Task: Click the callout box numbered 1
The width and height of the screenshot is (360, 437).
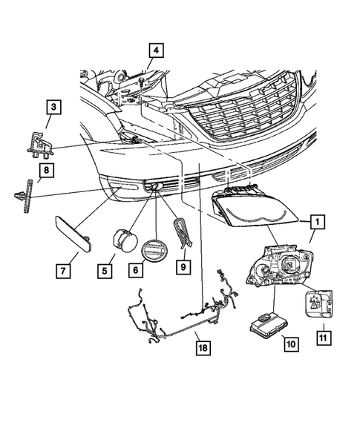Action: coord(317,220)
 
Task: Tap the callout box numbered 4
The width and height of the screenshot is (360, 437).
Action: coord(155,50)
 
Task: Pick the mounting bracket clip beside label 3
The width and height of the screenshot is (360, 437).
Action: coord(41,142)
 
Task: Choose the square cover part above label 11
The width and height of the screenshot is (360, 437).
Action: coord(319,302)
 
